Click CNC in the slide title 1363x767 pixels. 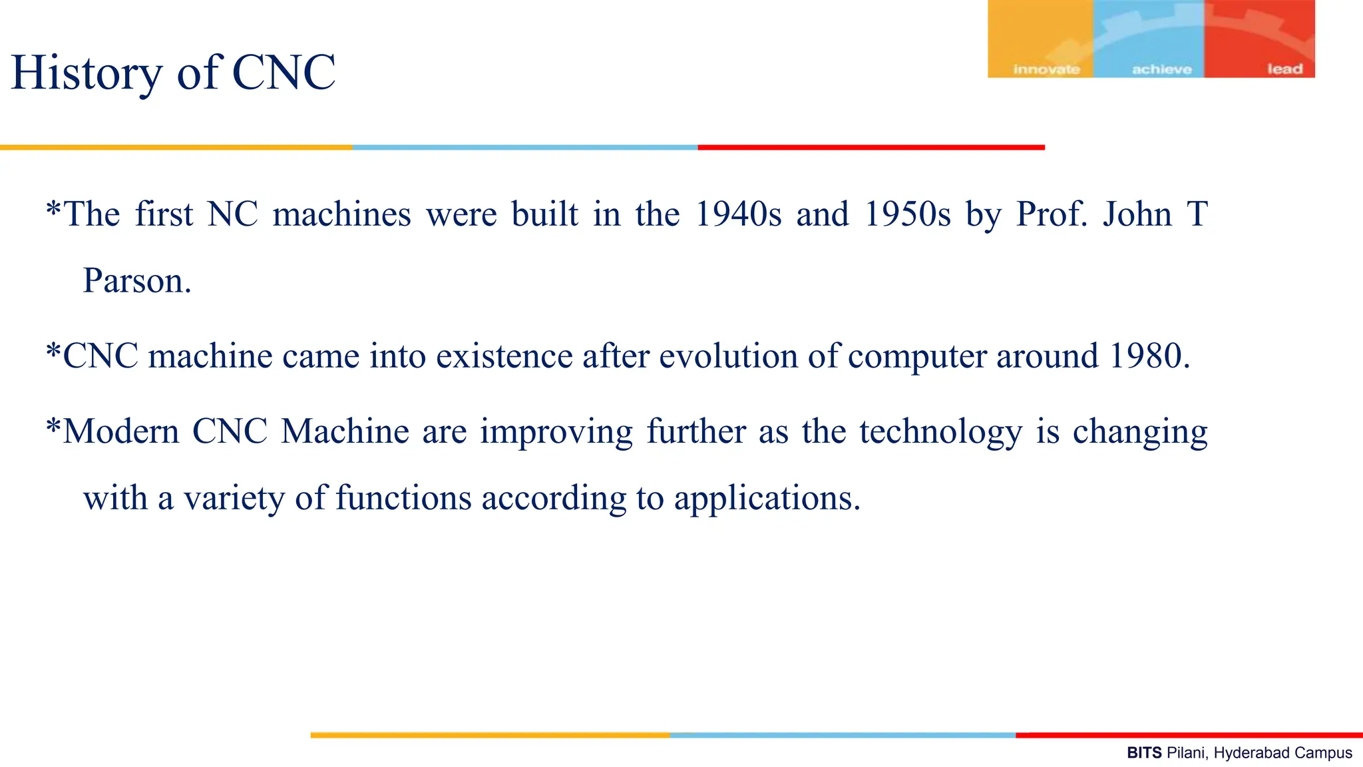284,73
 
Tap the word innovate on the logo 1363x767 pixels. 1046,69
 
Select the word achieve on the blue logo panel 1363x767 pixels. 1161,69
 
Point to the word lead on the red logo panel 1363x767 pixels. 1284,69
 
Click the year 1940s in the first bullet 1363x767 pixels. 738,215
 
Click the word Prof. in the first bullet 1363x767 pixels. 1052,215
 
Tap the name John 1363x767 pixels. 1137,215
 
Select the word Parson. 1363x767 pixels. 136,281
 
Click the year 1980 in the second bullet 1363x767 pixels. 1149,356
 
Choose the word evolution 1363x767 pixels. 728,356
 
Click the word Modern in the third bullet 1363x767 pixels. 121,431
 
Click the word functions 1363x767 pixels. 403,498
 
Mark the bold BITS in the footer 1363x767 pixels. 1144,753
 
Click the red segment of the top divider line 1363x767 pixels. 871,147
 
